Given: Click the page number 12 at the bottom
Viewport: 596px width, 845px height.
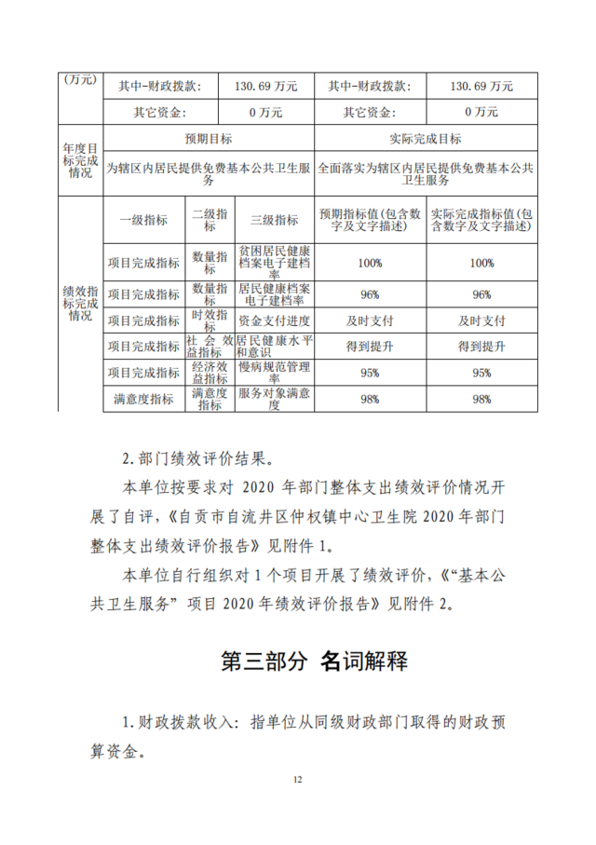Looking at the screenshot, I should [298, 779].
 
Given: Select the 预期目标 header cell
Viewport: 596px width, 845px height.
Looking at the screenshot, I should [208, 139].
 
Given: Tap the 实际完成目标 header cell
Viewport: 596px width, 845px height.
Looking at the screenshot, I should [426, 139].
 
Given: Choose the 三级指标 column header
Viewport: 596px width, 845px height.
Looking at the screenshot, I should [275, 220].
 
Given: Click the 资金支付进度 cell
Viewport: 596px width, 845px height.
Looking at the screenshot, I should [275, 320].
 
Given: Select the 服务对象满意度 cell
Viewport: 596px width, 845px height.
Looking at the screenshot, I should [275, 399].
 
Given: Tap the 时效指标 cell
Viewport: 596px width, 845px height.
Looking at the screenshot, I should [210, 320].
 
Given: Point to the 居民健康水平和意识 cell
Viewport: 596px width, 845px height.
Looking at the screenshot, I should [275, 346].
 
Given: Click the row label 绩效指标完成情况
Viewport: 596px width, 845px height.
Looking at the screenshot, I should [80, 304].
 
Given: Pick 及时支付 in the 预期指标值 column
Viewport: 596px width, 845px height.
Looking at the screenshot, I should [370, 320].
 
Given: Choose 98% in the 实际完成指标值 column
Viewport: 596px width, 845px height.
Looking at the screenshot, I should [481, 399].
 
